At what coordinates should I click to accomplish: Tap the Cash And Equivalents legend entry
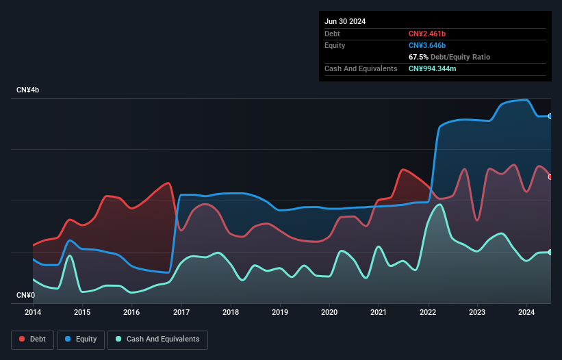click(x=157, y=339)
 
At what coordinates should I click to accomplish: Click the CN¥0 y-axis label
click(x=26, y=296)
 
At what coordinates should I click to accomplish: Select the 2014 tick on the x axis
click(x=33, y=313)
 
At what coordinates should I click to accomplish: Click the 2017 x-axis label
click(x=181, y=313)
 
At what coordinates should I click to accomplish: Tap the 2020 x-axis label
click(x=329, y=313)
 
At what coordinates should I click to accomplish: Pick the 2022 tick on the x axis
click(x=428, y=313)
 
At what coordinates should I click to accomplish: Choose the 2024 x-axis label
click(x=526, y=313)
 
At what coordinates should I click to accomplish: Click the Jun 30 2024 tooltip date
click(x=345, y=21)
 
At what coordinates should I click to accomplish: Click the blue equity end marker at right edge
click(x=550, y=116)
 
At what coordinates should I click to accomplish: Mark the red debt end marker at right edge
click(x=550, y=177)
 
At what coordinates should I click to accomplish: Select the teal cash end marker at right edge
click(x=550, y=253)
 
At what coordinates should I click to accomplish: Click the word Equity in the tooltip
click(x=335, y=45)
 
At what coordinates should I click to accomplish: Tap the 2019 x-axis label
click(x=280, y=313)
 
